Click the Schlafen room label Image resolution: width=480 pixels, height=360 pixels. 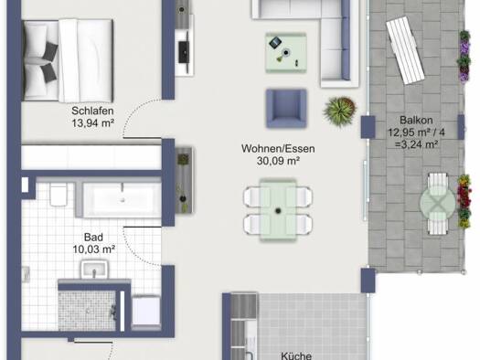(92, 111)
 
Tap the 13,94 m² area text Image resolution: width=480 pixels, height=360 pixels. (93, 123)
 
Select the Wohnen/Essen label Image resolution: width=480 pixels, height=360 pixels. (278, 149)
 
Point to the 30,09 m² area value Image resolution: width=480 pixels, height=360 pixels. (278, 161)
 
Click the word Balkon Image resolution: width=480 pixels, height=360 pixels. (416, 120)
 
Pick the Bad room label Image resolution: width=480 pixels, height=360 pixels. (93, 237)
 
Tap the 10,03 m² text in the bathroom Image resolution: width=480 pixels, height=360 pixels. (94, 249)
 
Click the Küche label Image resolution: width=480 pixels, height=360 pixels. (296, 355)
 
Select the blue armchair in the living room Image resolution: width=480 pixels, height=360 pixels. (286, 109)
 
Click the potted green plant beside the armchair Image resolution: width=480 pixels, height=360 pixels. (340, 111)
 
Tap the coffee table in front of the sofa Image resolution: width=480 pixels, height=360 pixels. (285, 53)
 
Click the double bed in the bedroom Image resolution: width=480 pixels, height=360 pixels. (69, 60)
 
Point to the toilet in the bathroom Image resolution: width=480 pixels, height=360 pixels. (59, 195)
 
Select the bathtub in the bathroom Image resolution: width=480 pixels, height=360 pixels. (122, 199)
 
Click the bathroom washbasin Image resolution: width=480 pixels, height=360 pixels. (94, 270)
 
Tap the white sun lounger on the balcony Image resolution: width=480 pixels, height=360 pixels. (405, 50)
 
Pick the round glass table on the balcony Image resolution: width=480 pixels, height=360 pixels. (438, 203)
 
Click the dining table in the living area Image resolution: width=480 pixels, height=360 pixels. (278, 210)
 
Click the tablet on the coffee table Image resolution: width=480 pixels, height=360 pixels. (275, 42)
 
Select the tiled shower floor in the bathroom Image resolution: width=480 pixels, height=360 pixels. (87, 311)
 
